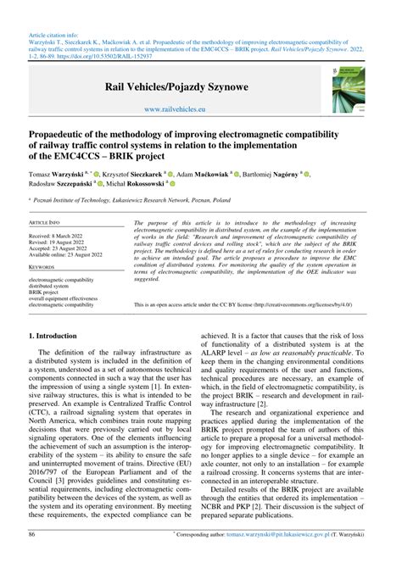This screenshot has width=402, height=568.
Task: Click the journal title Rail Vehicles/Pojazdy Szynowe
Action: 200,87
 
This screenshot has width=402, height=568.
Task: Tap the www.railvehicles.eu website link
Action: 200,109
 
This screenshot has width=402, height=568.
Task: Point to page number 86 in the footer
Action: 32,560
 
